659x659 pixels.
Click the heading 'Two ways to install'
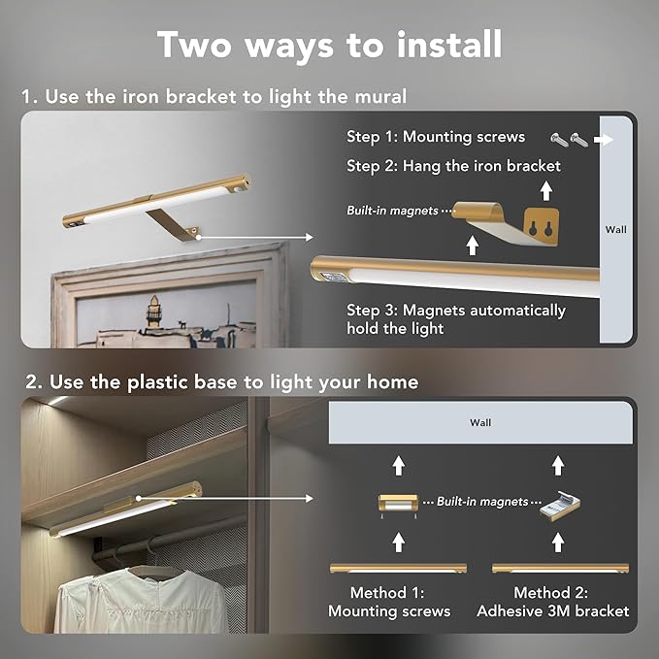click(x=329, y=45)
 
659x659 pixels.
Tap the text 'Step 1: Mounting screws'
click(x=436, y=137)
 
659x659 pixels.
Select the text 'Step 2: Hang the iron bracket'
click(x=453, y=166)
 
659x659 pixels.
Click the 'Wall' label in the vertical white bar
click(x=615, y=230)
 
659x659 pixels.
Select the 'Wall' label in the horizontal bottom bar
click(x=480, y=422)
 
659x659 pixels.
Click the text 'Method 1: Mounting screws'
click(x=389, y=602)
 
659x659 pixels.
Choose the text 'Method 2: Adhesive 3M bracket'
click(x=553, y=602)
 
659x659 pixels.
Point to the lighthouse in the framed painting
click(x=153, y=315)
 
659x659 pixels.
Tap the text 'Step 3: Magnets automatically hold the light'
click(x=456, y=319)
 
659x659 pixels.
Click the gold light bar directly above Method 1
click(x=398, y=568)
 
